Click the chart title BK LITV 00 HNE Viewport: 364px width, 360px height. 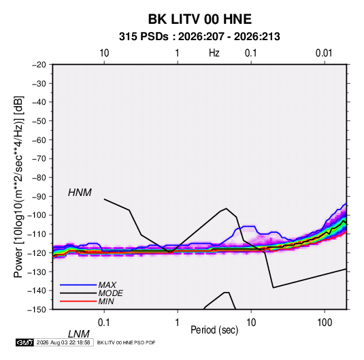(199, 19)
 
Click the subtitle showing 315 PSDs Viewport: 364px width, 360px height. (199, 37)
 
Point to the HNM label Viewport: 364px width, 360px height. (80, 193)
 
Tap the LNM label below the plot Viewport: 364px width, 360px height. (78, 334)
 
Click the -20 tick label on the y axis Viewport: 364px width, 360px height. (39, 65)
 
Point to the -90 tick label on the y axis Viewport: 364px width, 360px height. (39, 196)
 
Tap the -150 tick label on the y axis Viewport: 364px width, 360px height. (37, 310)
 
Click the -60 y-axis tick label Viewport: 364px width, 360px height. (39, 140)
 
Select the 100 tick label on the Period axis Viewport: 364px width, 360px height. (325, 323)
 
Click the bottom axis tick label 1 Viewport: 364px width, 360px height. (178, 323)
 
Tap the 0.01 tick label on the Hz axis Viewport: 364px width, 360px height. (324, 53)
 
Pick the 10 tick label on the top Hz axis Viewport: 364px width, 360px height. (104, 53)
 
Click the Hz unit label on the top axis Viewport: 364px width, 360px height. (214, 53)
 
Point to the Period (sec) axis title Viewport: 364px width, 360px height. (214, 330)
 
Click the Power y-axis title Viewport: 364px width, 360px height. (18, 186)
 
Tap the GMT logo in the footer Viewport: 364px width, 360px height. (24, 342)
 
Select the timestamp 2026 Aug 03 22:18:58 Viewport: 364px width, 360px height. (63, 342)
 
